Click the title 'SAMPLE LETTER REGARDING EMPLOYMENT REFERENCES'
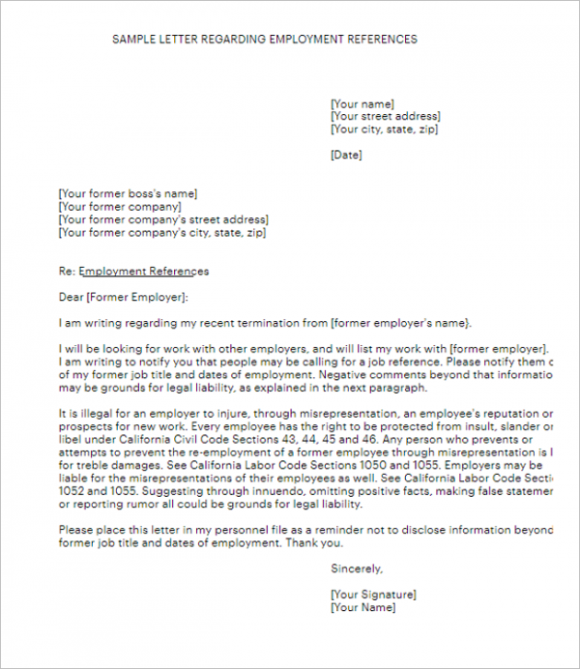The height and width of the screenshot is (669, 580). pyautogui.click(x=265, y=40)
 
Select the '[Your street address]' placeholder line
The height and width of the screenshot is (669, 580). pyautogui.click(x=385, y=116)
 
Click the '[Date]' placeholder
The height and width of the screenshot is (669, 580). pyautogui.click(x=346, y=155)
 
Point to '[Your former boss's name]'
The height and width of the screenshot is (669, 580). pyautogui.click(x=128, y=192)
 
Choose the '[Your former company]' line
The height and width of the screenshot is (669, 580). pyautogui.click(x=120, y=206)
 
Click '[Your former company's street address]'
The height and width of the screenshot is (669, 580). pyautogui.click(x=163, y=219)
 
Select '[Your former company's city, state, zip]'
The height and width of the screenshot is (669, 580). pyautogui.click(x=162, y=232)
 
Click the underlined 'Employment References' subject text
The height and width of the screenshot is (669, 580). pyautogui.click(x=143, y=271)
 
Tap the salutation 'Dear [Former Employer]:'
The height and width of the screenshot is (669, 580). pyautogui.click(x=124, y=297)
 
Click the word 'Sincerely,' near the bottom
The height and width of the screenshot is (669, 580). pyautogui.click(x=357, y=568)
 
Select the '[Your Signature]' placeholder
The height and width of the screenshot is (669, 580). pyautogui.click(x=373, y=594)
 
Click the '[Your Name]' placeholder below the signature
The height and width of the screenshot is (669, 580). pyautogui.click(x=362, y=607)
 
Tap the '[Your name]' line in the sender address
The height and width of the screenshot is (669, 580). pyautogui.click(x=362, y=103)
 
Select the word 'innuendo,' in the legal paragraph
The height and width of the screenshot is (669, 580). pyautogui.click(x=243, y=491)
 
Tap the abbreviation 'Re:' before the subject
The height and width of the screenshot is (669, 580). pyautogui.click(x=67, y=271)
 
